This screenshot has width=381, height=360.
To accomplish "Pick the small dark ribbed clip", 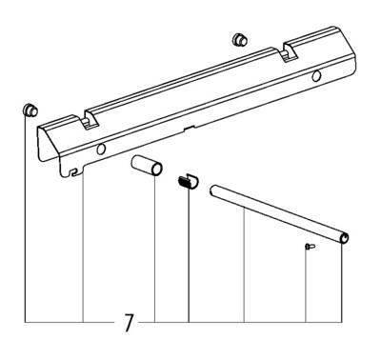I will tap(188, 180).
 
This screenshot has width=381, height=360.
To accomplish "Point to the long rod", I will tap(276, 214).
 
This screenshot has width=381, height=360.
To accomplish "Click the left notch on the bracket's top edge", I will tap(89, 121).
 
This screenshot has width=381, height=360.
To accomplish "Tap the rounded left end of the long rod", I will tap(212, 190).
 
